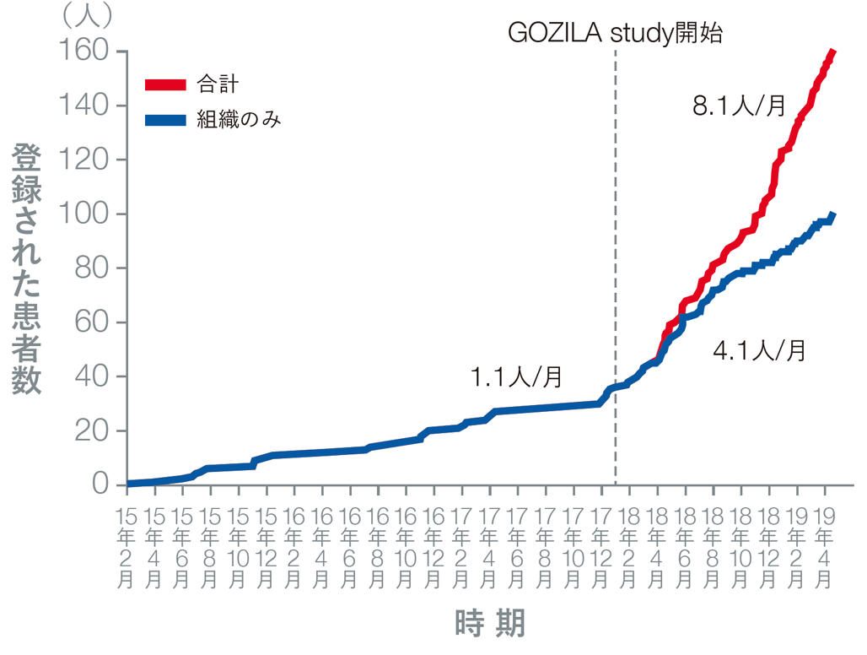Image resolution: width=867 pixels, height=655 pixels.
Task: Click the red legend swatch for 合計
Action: (x=164, y=84)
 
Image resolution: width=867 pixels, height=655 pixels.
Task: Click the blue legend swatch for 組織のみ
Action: (x=164, y=120)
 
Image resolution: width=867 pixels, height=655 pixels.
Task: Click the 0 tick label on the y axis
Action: (x=100, y=484)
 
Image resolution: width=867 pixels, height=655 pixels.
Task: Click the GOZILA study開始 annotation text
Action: (x=616, y=34)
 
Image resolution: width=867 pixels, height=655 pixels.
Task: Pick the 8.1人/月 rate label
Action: (x=739, y=106)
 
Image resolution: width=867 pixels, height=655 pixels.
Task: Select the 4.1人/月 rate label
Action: (x=759, y=349)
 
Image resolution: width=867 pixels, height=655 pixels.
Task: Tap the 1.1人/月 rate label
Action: (x=516, y=377)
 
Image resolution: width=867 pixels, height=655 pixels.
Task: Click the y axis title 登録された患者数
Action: (x=27, y=268)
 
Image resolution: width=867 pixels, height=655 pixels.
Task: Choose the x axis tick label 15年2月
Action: (x=127, y=548)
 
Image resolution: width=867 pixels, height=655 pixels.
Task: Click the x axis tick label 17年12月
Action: (x=600, y=548)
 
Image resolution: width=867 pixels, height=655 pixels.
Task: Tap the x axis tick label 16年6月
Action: (x=350, y=548)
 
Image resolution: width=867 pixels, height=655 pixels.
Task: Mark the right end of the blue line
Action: (x=832, y=217)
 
